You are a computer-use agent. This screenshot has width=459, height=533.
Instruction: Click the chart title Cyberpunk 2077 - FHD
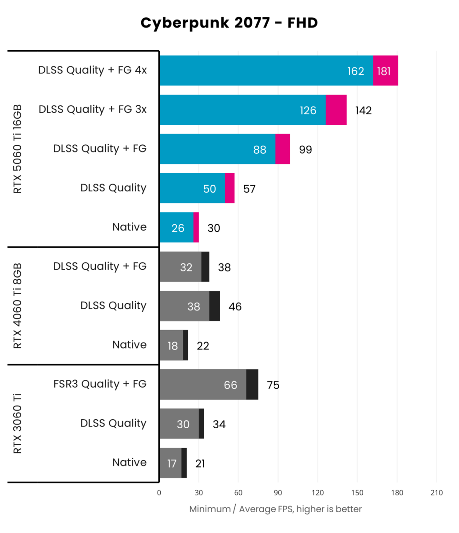[x=229, y=23]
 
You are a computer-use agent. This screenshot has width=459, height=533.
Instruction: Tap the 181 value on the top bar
[x=384, y=71]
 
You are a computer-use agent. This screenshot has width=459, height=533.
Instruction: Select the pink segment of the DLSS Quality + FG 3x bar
[x=336, y=110]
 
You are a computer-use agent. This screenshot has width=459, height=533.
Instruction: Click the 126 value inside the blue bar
[x=308, y=110]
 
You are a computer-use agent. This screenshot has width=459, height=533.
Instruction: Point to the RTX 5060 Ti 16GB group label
[x=18, y=149]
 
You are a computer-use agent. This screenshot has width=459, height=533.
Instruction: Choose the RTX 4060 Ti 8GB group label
[x=18, y=306]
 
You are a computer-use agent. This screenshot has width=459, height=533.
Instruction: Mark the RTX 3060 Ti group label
[x=18, y=423]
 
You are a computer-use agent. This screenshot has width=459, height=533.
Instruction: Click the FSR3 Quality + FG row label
[x=100, y=384]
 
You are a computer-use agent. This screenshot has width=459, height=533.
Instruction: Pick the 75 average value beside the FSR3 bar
[x=273, y=385]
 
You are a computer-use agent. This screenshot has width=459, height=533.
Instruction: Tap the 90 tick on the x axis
[x=278, y=493]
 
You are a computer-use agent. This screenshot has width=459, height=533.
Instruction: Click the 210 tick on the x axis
[x=436, y=493]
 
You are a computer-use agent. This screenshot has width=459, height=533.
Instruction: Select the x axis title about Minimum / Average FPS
[x=275, y=509]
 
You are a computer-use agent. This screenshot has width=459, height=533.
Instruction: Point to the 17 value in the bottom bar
[x=172, y=463]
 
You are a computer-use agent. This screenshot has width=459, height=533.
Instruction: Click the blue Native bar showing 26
[x=176, y=227]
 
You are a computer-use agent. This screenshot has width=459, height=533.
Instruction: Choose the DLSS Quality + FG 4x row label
[x=92, y=70]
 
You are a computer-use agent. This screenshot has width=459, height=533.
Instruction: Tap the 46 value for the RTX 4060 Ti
[x=235, y=306]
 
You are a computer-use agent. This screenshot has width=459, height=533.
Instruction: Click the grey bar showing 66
[x=202, y=385]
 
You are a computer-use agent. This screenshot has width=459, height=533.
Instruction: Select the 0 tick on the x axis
[x=159, y=493]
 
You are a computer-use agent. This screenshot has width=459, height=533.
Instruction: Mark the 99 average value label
[x=305, y=150]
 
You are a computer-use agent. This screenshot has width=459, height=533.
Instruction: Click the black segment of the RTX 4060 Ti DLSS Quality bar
[x=214, y=306]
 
